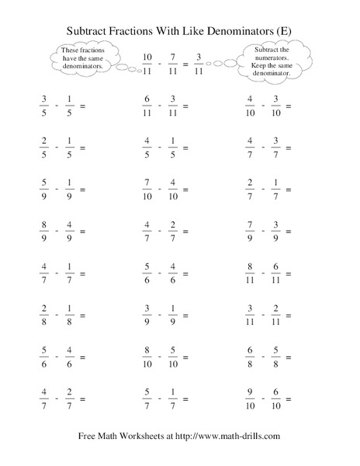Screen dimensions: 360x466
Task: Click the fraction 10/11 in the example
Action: click(x=148, y=63)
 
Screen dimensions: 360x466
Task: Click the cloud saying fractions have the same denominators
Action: click(x=81, y=57)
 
